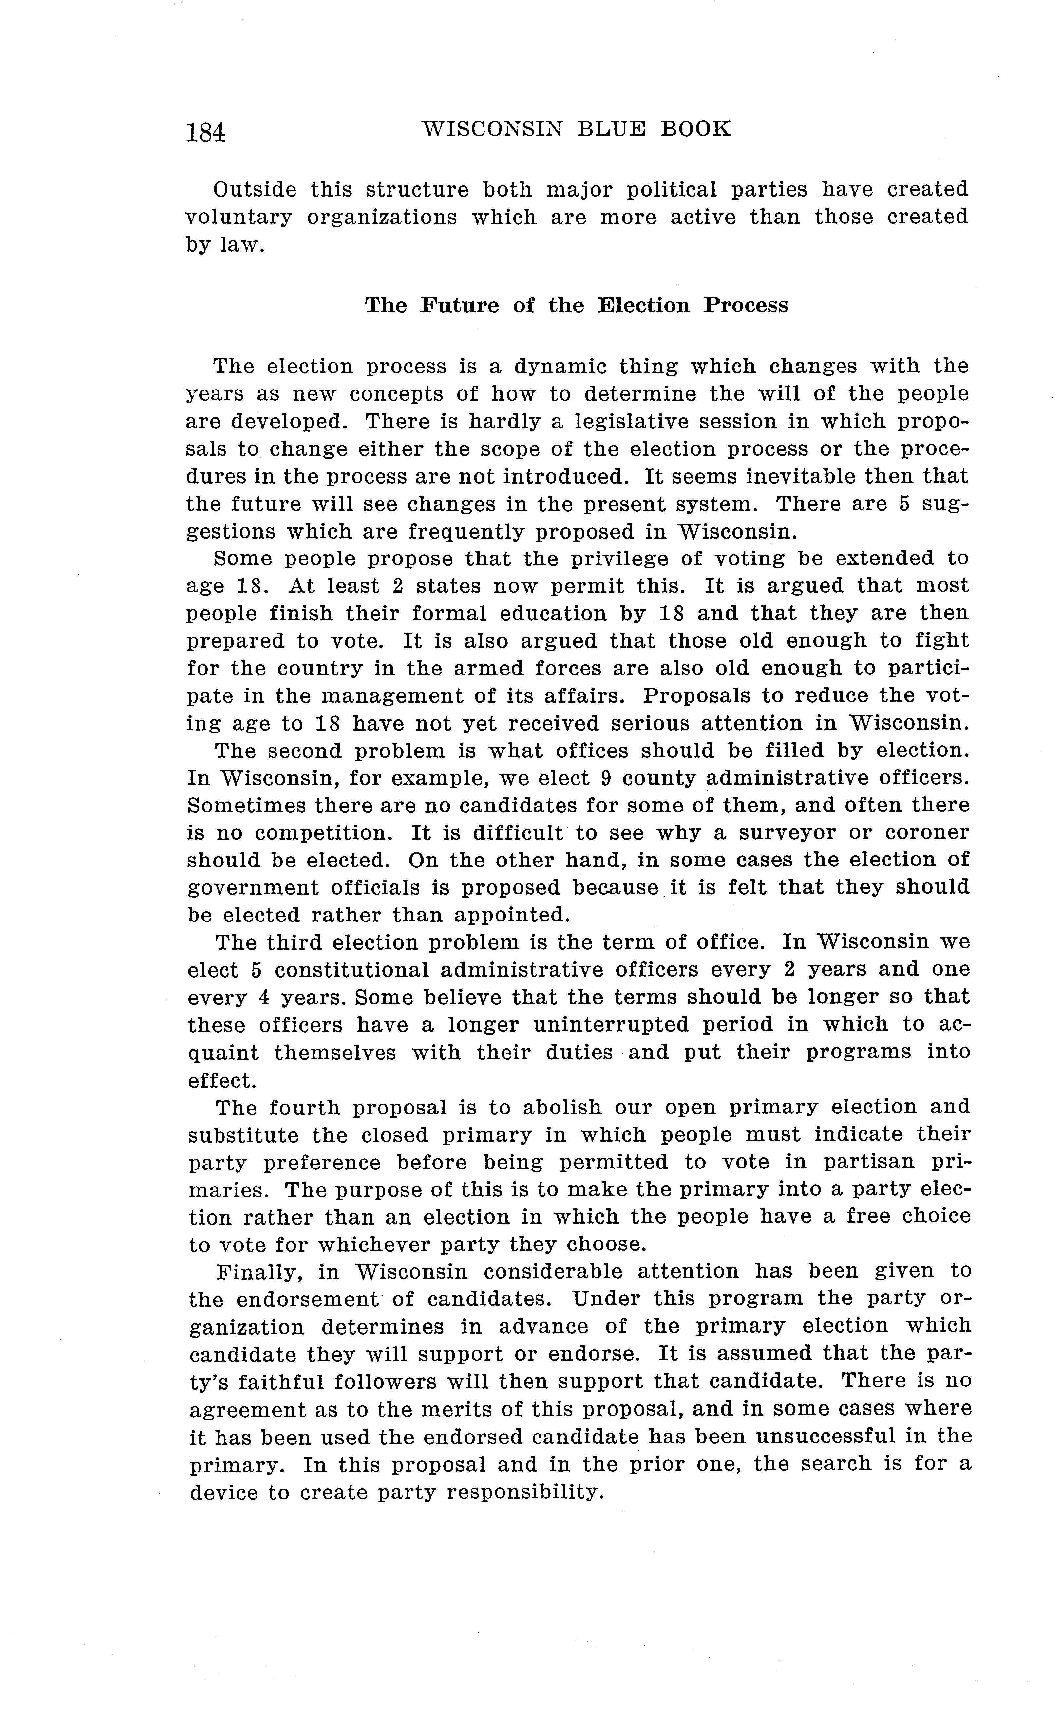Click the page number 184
click(205, 132)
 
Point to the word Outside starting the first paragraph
click(255, 190)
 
